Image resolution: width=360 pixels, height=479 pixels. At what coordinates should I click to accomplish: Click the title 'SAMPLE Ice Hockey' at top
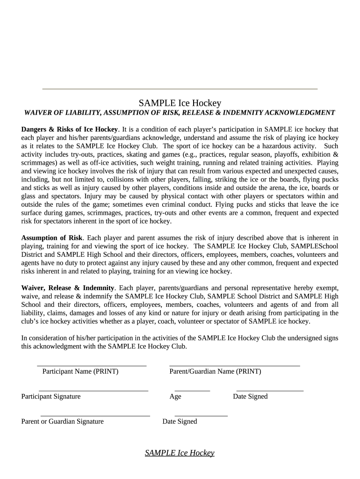click(x=180, y=103)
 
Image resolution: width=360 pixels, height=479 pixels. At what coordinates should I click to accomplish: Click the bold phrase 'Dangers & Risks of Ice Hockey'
click(x=69, y=129)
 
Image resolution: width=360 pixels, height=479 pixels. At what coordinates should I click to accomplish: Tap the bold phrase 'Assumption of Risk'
click(x=51, y=238)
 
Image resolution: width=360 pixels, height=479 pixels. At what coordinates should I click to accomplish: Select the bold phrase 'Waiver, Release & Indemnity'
click(x=68, y=288)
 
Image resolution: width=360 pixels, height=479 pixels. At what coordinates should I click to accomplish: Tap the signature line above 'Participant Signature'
click(x=94, y=390)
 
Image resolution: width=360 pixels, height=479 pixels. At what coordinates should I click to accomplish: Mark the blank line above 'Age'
click(x=192, y=390)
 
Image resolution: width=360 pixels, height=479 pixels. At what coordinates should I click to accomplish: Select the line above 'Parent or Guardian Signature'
click(x=95, y=415)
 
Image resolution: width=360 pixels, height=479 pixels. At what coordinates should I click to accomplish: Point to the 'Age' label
click(x=175, y=397)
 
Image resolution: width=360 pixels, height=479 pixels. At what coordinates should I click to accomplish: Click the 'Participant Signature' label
click(x=51, y=397)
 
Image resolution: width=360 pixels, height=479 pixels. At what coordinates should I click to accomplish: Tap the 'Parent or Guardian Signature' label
click(x=63, y=421)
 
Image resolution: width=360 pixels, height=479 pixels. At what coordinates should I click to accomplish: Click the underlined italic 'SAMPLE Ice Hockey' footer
click(x=180, y=453)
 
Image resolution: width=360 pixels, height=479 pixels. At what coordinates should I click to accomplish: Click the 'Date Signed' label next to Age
click(x=250, y=397)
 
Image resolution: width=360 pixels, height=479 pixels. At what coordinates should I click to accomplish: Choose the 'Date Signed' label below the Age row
click(x=180, y=421)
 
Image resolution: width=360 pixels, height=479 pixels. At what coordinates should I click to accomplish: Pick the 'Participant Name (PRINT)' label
click(x=80, y=372)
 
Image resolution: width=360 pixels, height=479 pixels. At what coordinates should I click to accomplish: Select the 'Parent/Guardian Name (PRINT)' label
click(x=215, y=372)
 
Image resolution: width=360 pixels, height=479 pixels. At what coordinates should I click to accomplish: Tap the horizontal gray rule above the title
click(x=180, y=89)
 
